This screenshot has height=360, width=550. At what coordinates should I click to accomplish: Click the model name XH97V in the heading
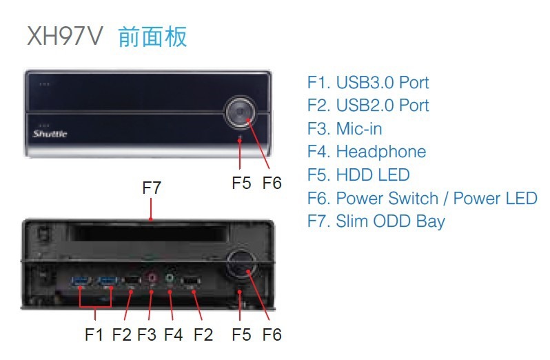coord(64,36)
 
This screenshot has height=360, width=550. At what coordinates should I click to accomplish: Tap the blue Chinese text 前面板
coord(152,36)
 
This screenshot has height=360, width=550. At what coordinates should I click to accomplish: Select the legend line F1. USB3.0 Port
coord(368,83)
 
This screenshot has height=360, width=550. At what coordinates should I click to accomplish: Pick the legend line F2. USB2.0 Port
coord(368,106)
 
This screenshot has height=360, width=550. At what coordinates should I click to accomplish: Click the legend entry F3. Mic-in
coord(345,129)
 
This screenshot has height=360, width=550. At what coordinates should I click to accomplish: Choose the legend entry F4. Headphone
coord(367,152)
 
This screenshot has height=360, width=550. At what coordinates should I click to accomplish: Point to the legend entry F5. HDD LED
coord(358,175)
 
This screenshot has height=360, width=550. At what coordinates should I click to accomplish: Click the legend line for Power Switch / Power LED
coord(422,199)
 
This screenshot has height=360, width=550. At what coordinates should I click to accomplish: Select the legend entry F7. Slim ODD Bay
coord(376,221)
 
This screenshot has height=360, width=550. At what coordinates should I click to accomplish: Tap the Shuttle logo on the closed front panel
coord(50,134)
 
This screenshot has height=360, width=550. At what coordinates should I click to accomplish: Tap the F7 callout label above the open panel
coord(152,187)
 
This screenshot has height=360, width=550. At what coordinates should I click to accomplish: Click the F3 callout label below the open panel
coord(147,334)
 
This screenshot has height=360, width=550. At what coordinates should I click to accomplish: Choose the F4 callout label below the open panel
coord(174,334)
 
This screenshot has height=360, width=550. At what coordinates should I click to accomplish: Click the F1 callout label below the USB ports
coord(94,334)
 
